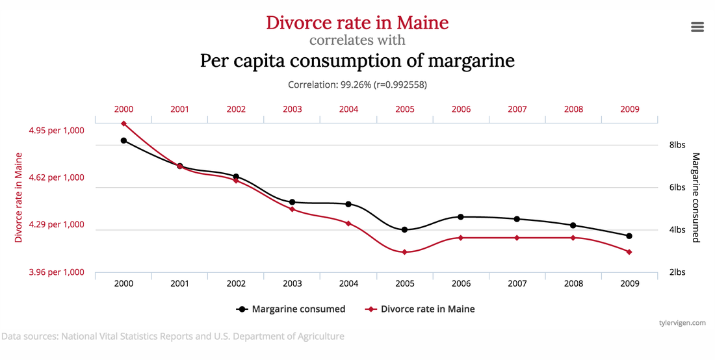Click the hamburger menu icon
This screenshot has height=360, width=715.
(697, 27)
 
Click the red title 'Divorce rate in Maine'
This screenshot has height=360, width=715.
(357, 23)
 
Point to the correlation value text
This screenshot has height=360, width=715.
(357, 84)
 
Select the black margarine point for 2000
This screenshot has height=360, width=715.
(123, 140)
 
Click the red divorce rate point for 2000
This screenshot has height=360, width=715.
(123, 123)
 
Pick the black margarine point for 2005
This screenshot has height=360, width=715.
(404, 229)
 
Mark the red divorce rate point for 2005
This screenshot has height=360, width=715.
(404, 252)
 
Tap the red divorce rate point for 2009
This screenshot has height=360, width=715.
(629, 252)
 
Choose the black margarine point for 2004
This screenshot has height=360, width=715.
(348, 204)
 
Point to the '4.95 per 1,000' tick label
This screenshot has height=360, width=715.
(57, 130)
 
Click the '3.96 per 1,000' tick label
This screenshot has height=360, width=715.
(57, 272)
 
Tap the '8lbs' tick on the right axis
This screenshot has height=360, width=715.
(677, 145)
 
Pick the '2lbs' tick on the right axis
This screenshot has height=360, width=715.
(677, 272)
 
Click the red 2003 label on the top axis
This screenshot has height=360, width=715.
(292, 109)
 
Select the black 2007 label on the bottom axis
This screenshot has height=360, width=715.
(517, 283)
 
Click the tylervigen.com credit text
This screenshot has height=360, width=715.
(681, 322)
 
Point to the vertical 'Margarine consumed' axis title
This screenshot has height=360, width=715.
(695, 198)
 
